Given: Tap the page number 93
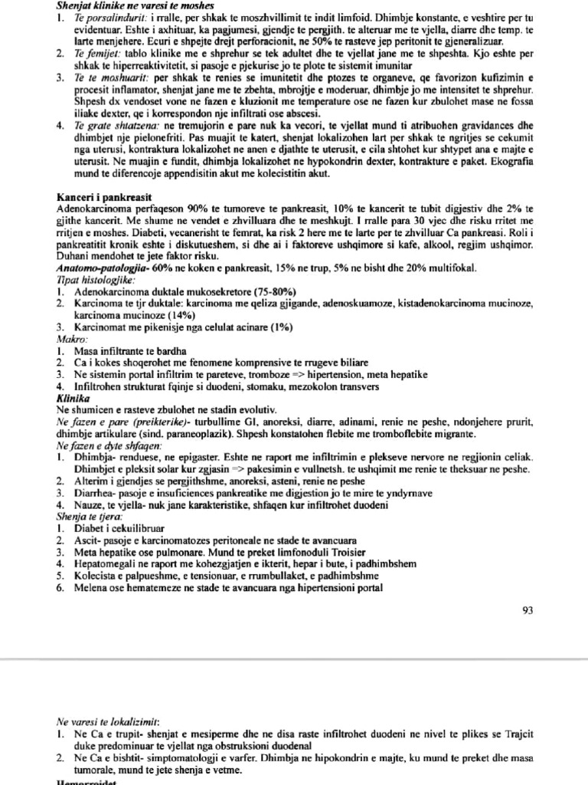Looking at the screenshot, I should (x=526, y=610).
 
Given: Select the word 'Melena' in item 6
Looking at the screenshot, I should (x=90, y=588).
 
